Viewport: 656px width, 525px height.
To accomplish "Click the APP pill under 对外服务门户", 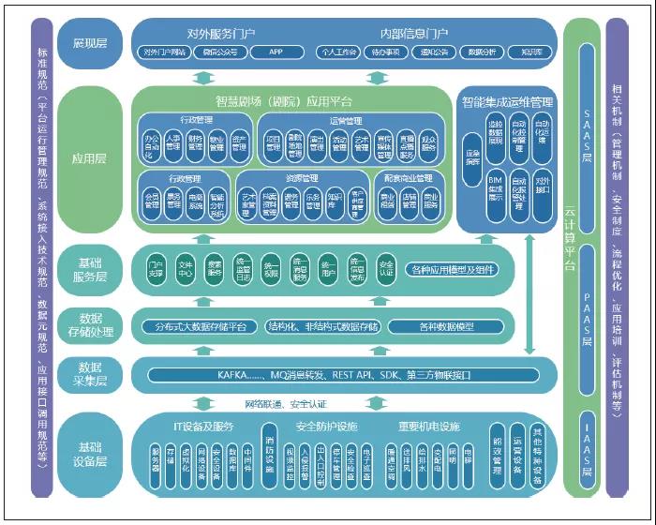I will tap(275, 52).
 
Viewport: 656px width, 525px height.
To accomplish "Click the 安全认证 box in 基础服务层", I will tap(386, 270).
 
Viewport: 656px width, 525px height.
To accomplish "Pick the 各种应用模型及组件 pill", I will tap(453, 271).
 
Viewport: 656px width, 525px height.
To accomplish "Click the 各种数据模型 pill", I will tap(444, 326).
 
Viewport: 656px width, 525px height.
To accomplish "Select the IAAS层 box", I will tap(586, 450).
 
